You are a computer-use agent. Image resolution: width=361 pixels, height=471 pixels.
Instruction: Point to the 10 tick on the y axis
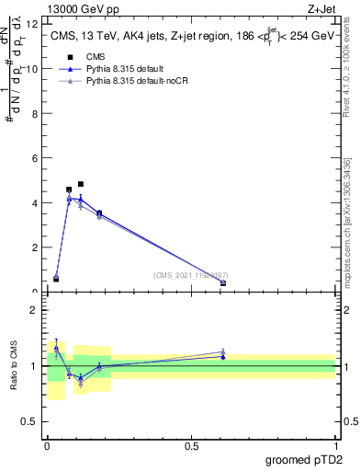(x=34, y=68)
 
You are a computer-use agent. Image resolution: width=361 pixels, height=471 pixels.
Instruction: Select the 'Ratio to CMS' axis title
(x=14, y=366)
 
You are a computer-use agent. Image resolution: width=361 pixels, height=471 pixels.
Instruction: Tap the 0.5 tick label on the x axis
(x=191, y=446)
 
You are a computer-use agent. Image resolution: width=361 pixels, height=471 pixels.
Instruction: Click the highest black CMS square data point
(x=81, y=184)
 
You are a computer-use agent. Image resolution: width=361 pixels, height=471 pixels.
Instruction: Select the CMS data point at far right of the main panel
(x=223, y=282)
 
